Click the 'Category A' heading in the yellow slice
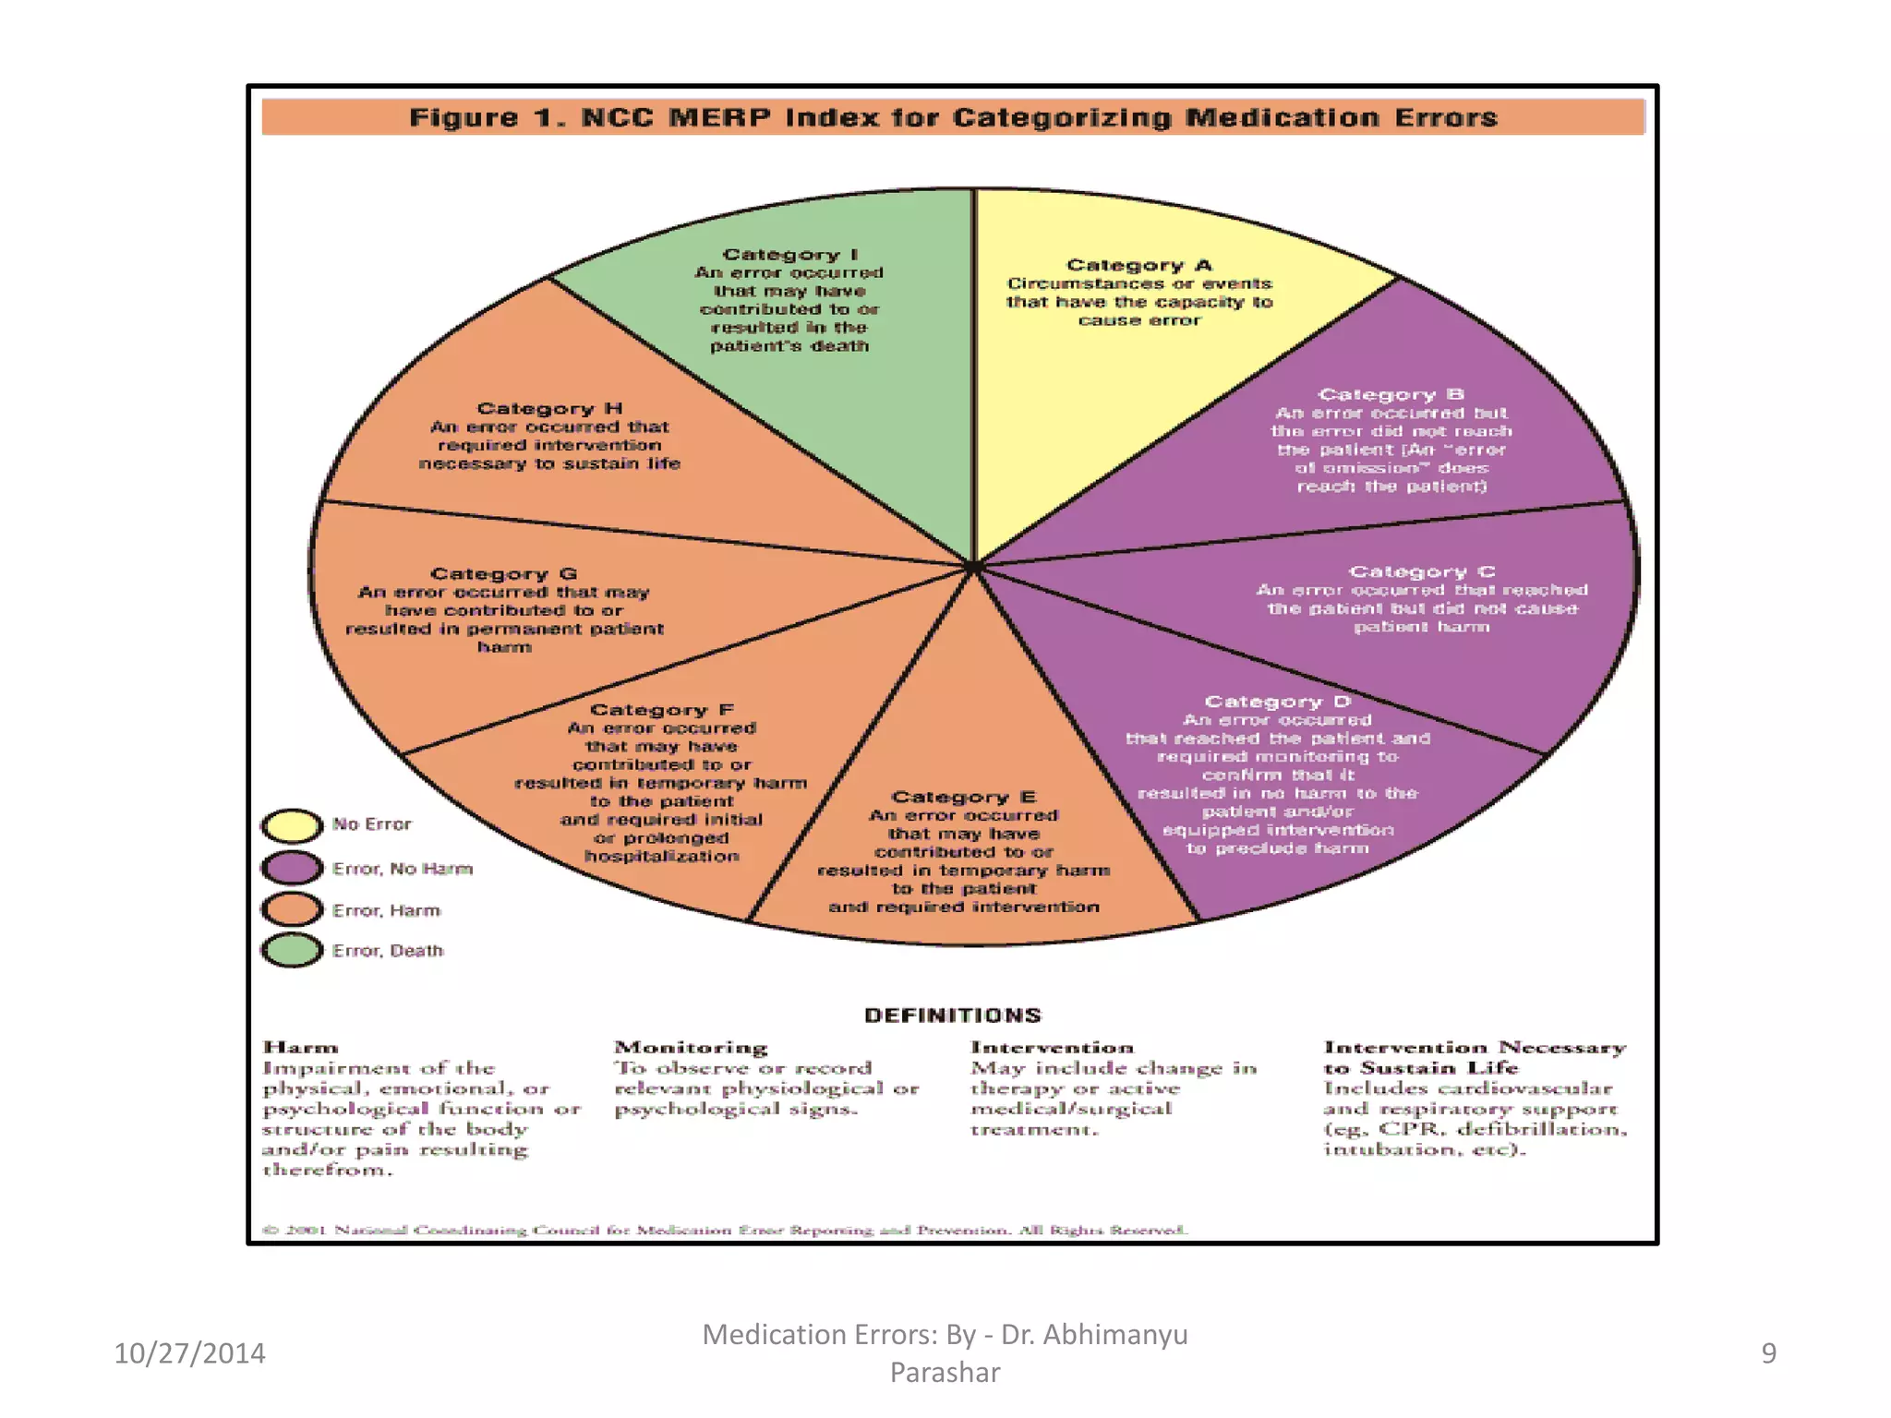click(1138, 265)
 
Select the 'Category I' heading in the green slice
click(790, 254)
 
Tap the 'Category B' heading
click(1391, 394)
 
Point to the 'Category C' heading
click(1421, 571)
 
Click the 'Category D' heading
click(1278, 702)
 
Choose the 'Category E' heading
click(963, 797)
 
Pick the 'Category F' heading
click(661, 709)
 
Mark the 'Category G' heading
click(503, 573)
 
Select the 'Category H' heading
click(549, 408)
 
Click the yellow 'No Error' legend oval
click(292, 825)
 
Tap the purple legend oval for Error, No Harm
click(292, 868)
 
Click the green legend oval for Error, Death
click(292, 950)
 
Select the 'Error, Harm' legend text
click(386, 910)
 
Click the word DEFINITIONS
click(952, 1015)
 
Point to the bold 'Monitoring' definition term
click(691, 1048)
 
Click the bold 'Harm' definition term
click(301, 1048)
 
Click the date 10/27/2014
click(189, 1352)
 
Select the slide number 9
click(1768, 1352)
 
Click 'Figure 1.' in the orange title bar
click(488, 118)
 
